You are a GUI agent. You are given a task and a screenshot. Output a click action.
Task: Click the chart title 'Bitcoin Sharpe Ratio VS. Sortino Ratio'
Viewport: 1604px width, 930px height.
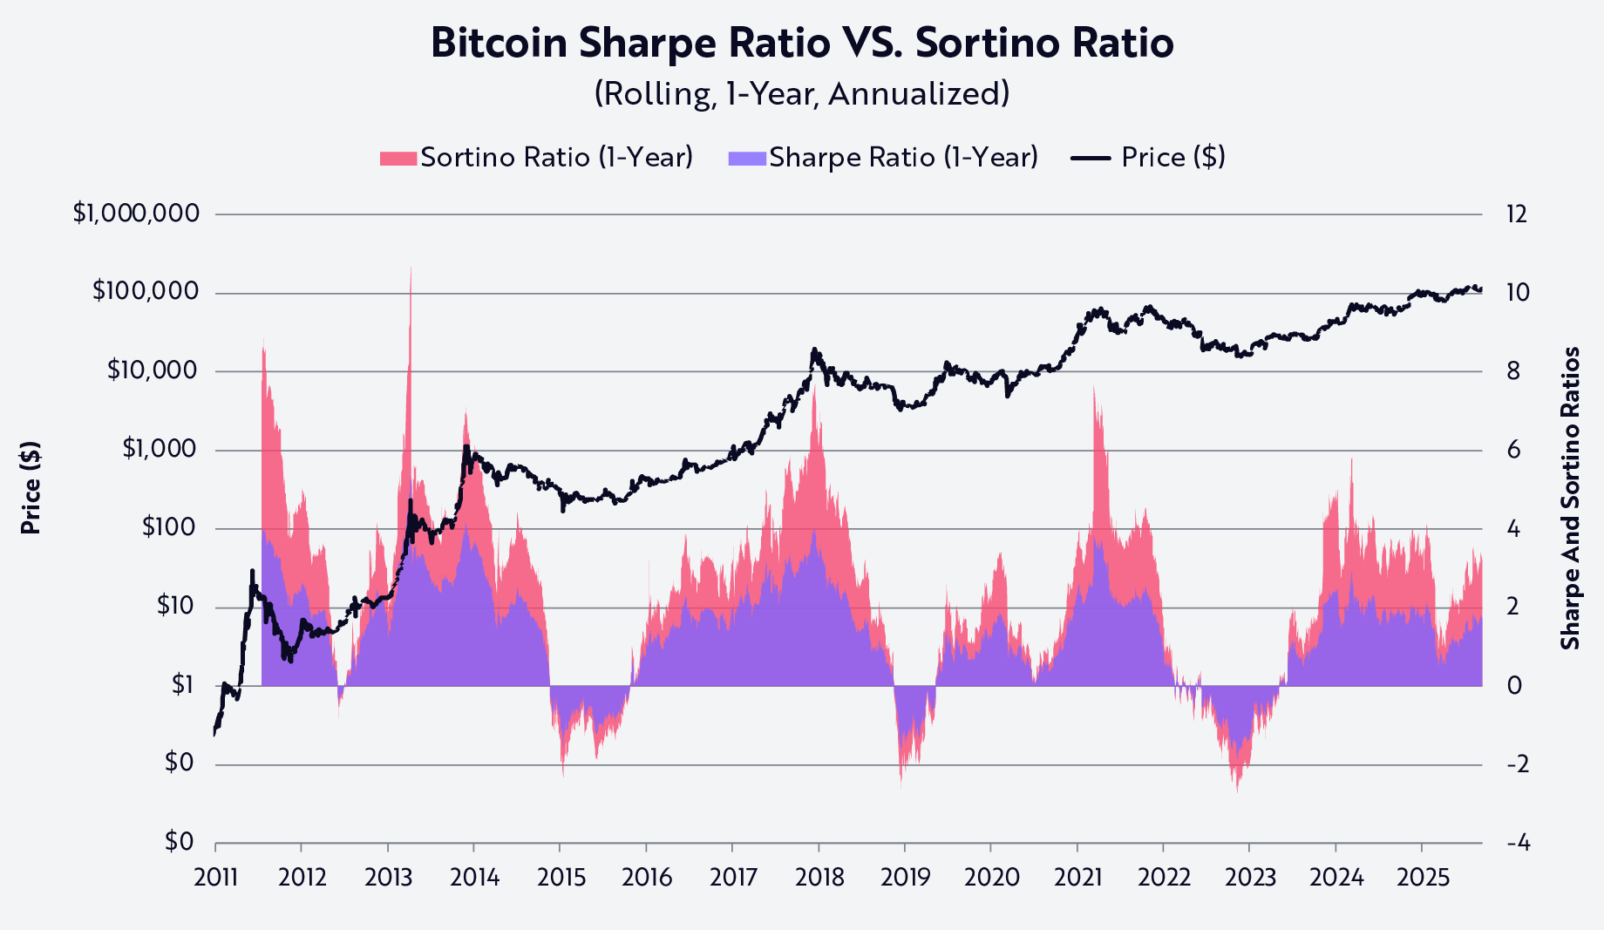(802, 44)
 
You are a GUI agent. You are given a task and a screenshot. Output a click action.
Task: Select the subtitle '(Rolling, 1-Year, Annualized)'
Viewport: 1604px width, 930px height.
(802, 93)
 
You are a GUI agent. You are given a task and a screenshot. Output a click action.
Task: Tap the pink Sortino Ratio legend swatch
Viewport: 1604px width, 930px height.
(398, 158)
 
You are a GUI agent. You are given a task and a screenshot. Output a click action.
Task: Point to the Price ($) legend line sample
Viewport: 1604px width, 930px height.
(1091, 158)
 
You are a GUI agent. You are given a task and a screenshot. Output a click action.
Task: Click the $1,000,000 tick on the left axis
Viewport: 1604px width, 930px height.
(136, 214)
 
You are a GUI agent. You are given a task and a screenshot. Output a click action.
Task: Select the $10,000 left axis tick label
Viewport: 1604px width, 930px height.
(152, 371)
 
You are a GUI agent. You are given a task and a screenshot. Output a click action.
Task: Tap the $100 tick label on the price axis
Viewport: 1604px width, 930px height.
(170, 528)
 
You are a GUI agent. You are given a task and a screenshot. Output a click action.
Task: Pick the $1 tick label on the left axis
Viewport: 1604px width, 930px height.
(182, 686)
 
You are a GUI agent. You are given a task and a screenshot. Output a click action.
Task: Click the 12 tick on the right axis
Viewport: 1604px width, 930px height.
(1517, 214)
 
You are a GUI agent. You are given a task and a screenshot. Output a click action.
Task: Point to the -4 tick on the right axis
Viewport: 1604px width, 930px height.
(1518, 843)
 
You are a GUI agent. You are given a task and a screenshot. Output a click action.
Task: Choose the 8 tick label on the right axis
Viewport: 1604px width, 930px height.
(1513, 371)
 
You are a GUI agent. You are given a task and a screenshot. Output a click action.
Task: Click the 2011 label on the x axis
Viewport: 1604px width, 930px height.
(215, 877)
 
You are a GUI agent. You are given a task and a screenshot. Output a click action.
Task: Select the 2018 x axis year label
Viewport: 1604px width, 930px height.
(819, 877)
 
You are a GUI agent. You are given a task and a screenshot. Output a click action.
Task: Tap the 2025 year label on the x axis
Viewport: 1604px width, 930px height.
(1423, 877)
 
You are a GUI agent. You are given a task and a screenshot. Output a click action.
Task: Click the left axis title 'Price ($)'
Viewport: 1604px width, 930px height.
(31, 488)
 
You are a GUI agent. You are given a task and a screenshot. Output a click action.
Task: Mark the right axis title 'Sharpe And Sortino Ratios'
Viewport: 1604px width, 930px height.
(1570, 499)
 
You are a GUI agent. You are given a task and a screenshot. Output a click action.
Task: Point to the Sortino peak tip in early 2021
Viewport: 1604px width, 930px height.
(1094, 386)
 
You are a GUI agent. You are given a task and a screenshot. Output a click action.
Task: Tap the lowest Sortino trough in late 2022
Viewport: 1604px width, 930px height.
(1237, 790)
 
